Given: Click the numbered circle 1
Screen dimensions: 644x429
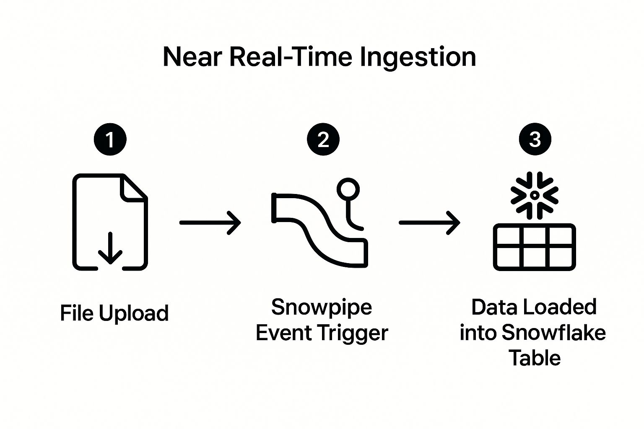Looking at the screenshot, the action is pyautogui.click(x=110, y=139).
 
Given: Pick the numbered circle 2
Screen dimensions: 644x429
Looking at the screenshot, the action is pyautogui.click(x=323, y=139).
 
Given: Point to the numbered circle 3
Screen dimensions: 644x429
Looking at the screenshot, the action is pyautogui.click(x=535, y=139).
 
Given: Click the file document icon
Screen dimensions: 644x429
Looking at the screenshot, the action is pyautogui.click(x=110, y=222).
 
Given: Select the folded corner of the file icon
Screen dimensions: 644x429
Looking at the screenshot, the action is pyautogui.click(x=133, y=187).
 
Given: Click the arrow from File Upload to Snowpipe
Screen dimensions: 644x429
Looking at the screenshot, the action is pyautogui.click(x=210, y=222).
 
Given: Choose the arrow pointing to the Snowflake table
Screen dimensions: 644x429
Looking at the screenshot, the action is pyautogui.click(x=429, y=222).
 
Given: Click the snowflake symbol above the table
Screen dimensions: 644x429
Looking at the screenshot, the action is pyautogui.click(x=534, y=195).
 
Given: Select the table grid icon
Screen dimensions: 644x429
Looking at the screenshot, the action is pyautogui.click(x=534, y=247).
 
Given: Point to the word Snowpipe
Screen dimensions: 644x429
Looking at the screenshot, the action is pyautogui.click(x=322, y=307).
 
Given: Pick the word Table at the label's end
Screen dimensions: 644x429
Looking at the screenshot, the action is pyautogui.click(x=535, y=359).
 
